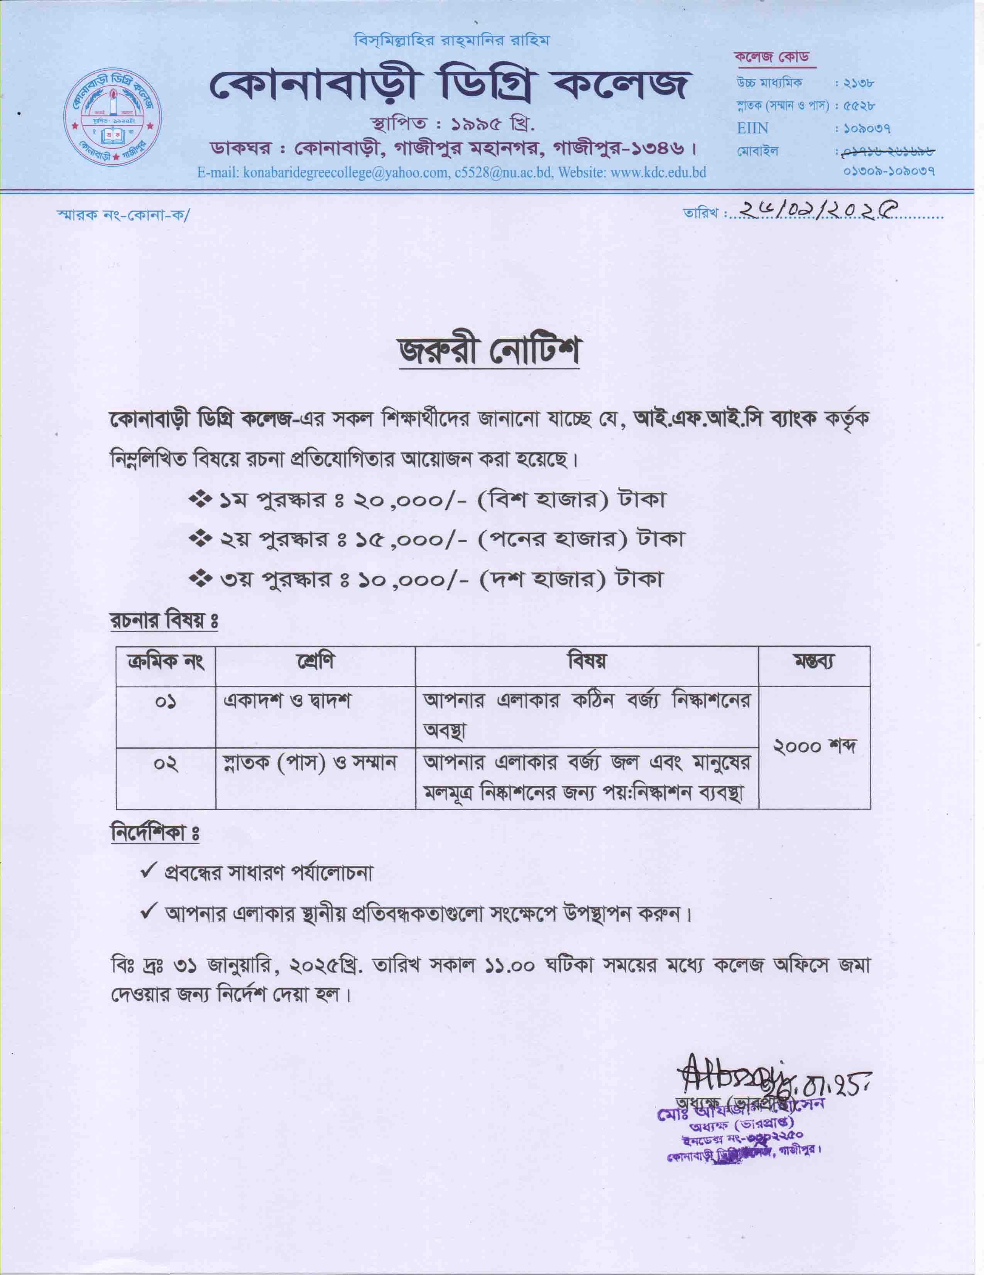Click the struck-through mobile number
tap(886, 152)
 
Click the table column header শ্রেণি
tap(315, 662)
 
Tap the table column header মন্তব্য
tap(813, 662)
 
